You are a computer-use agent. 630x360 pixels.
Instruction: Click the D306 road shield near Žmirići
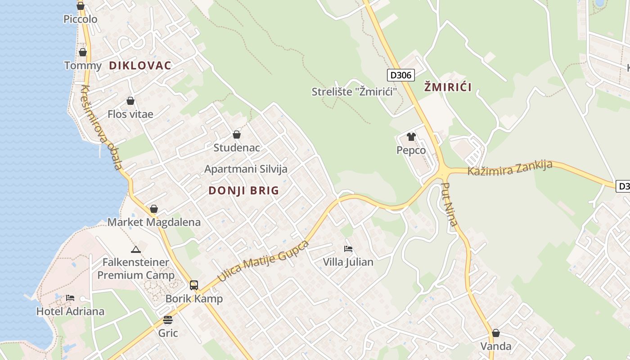[400, 75]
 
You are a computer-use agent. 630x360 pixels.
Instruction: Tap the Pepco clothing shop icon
[411, 137]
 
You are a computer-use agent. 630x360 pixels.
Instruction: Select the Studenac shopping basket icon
[237, 135]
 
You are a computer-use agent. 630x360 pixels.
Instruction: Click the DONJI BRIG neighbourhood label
[244, 190]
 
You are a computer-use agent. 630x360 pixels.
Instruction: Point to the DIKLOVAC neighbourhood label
[140, 66]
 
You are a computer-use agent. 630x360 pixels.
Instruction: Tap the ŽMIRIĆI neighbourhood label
[448, 87]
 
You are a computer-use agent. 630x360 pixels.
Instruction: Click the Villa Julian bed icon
[348, 248]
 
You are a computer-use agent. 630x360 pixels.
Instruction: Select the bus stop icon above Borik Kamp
[194, 285]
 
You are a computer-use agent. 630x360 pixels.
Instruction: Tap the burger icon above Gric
[168, 320]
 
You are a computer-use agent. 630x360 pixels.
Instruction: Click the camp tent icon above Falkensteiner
[136, 249]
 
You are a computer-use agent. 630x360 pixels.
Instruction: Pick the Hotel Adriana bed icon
[70, 298]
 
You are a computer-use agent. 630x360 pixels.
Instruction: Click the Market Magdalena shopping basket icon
[154, 209]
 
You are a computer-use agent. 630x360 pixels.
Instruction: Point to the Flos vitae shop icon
[130, 101]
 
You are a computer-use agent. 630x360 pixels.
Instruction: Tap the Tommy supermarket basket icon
[83, 53]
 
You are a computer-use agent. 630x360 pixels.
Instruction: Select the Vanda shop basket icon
[495, 333]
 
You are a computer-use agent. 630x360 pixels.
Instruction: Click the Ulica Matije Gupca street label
[264, 261]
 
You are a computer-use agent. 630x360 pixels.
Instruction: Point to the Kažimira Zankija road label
[510, 168]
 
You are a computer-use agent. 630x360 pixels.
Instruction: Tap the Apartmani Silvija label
[246, 169]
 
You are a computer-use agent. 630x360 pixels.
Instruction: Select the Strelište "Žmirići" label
[355, 92]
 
